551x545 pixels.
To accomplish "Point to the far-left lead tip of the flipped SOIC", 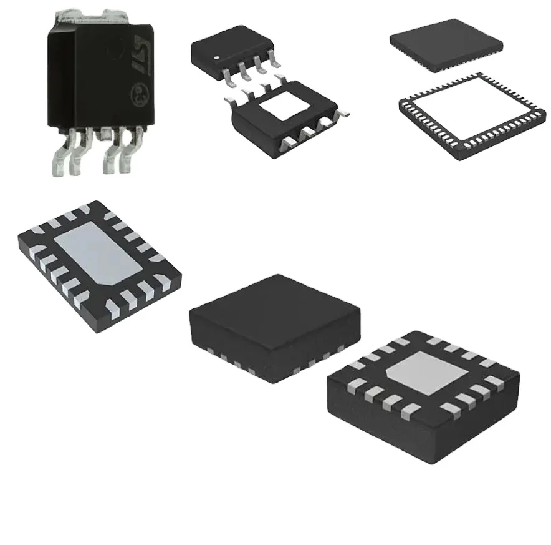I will click(x=226, y=100).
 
